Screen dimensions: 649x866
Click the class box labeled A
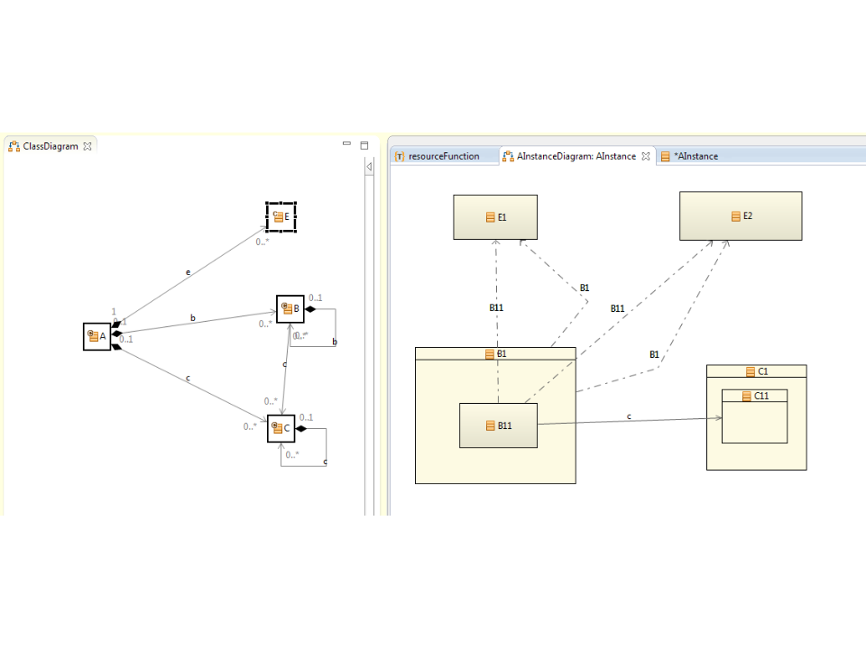pos(97,336)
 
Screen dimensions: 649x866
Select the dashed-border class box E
pos(281,216)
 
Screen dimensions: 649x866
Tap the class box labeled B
pos(290,309)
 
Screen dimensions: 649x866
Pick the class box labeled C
pos(281,428)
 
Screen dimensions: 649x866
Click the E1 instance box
pos(495,217)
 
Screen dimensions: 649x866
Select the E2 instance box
pos(741,216)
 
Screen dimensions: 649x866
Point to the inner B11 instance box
pos(498,425)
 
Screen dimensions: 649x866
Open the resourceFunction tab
pos(443,156)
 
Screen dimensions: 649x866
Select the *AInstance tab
pos(695,156)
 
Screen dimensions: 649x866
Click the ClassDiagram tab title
pos(51,146)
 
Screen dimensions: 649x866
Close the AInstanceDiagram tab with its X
pos(646,156)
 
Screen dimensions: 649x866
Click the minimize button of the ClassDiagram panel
pos(347,144)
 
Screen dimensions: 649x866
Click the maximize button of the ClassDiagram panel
pos(364,144)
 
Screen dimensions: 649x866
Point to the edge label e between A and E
pos(188,272)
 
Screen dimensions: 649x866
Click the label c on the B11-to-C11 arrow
pos(629,416)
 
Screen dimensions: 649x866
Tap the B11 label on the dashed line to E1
pos(496,308)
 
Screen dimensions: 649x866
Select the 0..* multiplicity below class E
pos(263,242)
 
